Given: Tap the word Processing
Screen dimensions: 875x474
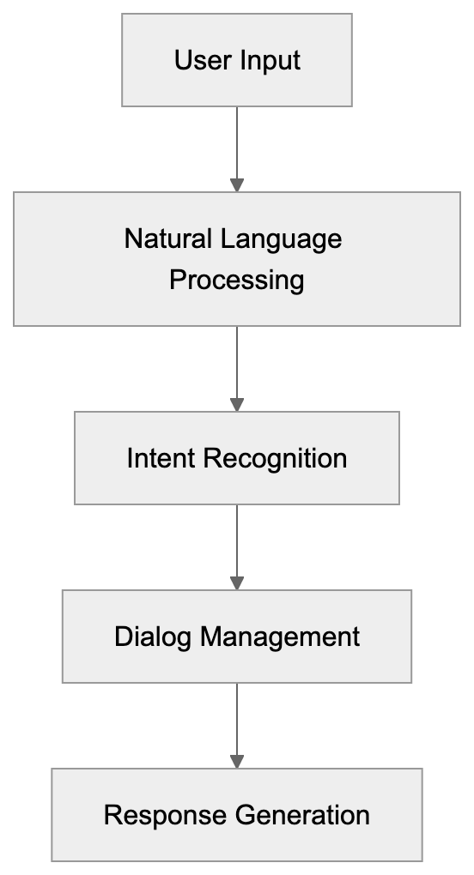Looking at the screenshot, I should click(236, 281).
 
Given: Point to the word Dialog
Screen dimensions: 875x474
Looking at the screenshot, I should click(154, 637).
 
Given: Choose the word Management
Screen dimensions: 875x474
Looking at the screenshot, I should click(280, 637).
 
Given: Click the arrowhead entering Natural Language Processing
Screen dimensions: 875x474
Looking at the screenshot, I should click(237, 185).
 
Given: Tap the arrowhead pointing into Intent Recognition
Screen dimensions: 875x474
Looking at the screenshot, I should click(237, 405).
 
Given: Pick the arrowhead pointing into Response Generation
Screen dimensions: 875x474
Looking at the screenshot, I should click(237, 762).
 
